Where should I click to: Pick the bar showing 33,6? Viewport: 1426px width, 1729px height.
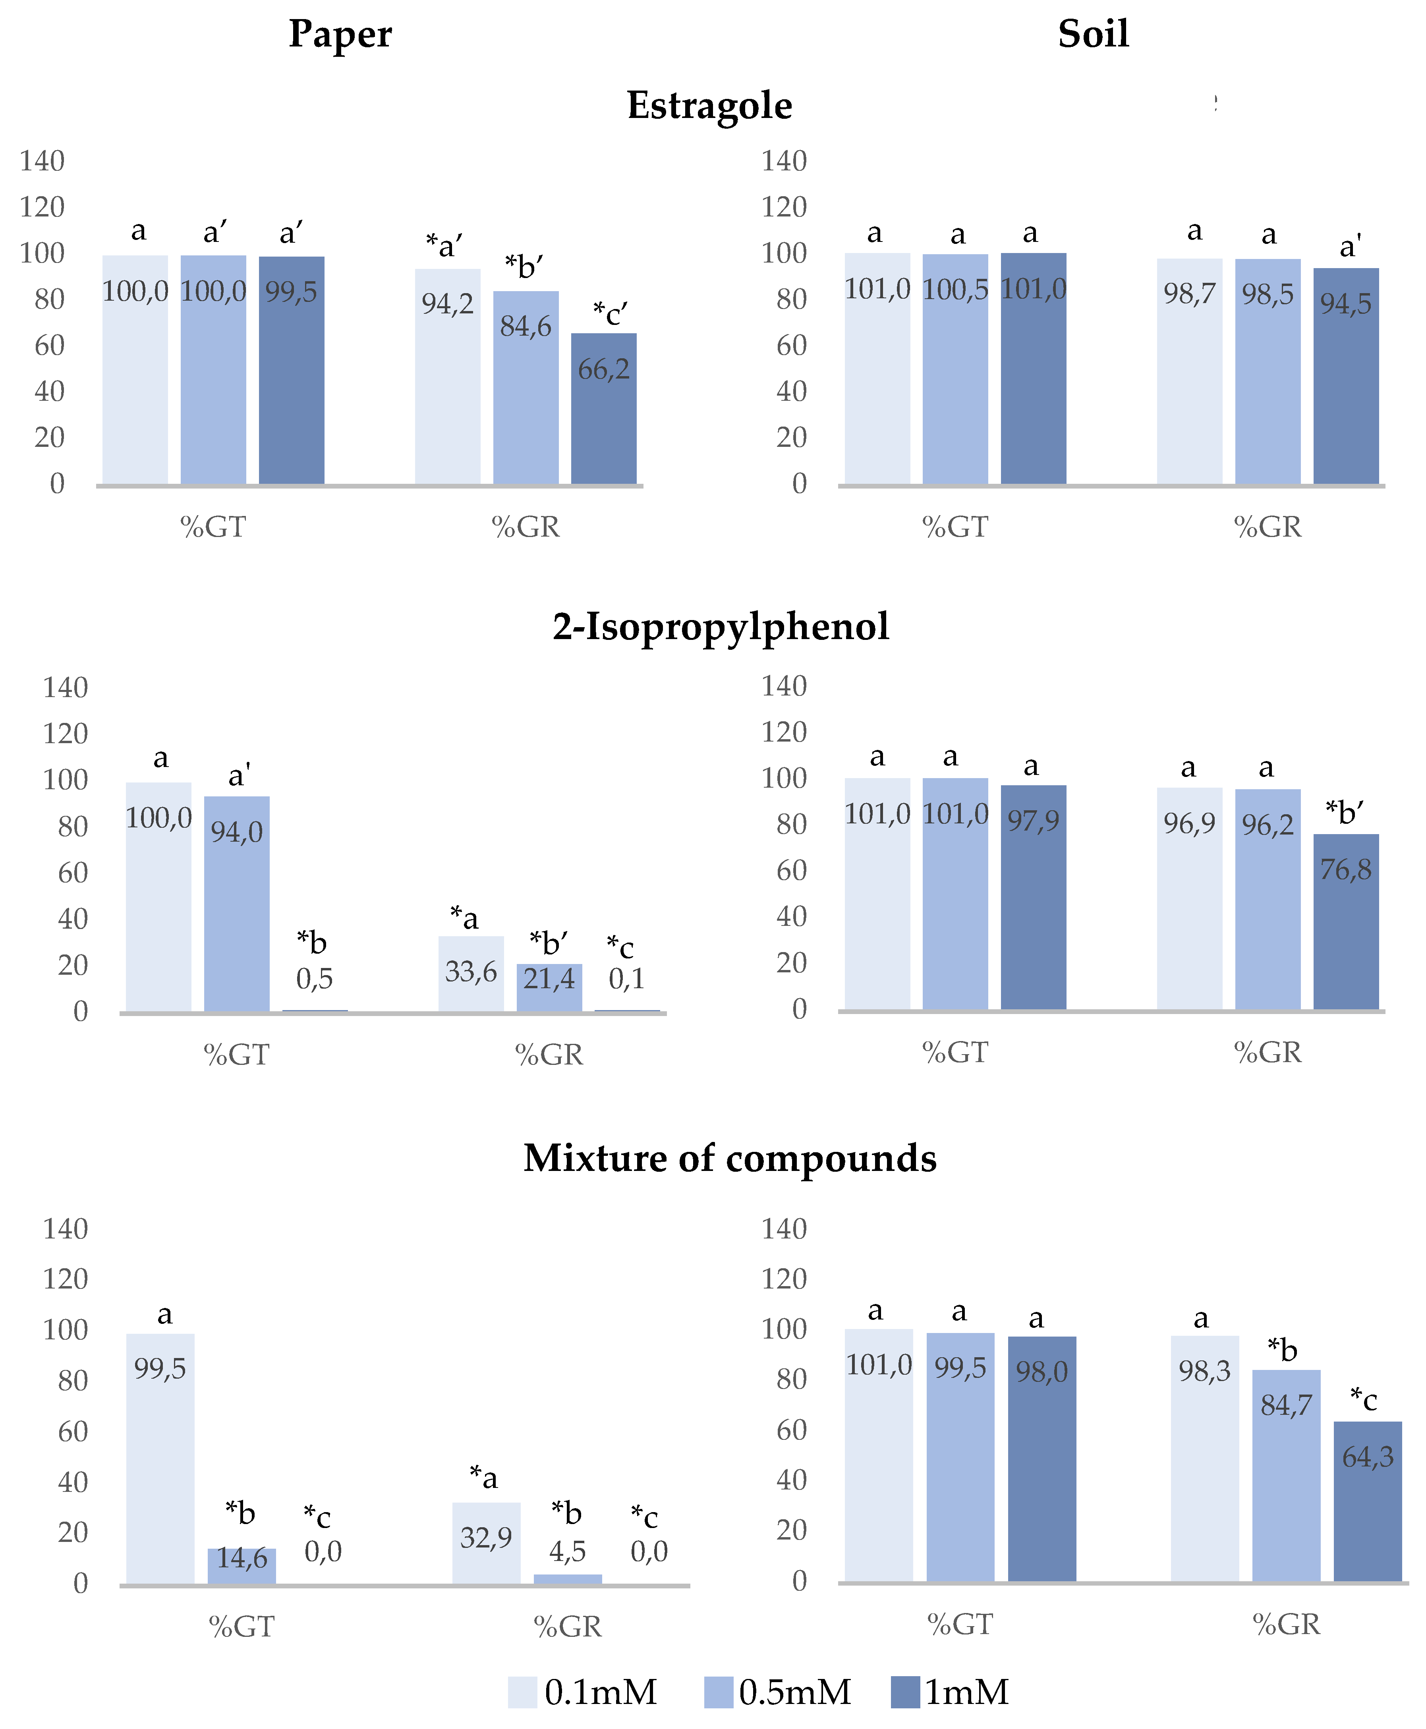pos(471,974)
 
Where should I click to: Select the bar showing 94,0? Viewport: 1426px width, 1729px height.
pos(237,904)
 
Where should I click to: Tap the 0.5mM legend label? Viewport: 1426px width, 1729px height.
pos(794,1692)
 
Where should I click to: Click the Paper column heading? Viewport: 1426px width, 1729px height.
pos(340,35)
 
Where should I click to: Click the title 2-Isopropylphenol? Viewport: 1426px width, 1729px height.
pos(721,627)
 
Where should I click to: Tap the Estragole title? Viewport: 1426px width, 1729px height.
pos(710,105)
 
